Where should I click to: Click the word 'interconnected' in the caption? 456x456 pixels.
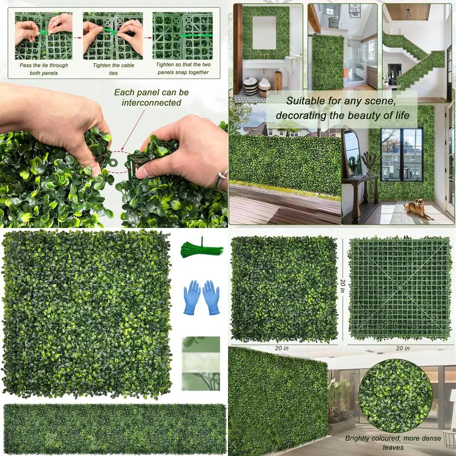[151, 103]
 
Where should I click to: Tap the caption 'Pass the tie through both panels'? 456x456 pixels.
[44, 68]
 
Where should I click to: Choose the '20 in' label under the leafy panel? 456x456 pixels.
[281, 348]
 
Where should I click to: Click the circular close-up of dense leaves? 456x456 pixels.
[395, 395]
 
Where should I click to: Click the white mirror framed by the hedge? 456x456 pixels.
[264, 33]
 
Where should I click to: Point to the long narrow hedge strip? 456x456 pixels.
[114, 429]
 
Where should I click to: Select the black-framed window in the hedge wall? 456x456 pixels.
[401, 153]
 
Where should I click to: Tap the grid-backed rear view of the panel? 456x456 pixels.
[399, 288]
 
